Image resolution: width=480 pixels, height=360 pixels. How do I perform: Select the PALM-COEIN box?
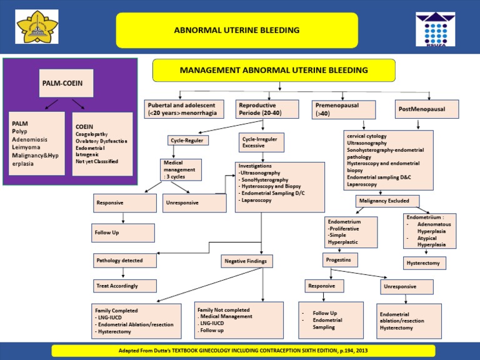(64, 82)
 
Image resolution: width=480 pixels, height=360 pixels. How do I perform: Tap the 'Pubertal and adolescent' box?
(186, 109)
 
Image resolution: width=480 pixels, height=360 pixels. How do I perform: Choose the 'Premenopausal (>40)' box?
(344, 109)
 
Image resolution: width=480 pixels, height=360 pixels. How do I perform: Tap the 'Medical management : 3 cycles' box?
(181, 170)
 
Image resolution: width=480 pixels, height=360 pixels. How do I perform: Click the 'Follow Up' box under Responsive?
(123, 232)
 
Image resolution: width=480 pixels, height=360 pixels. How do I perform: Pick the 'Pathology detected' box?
(123, 260)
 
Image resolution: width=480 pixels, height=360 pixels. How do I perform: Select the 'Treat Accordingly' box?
(123, 286)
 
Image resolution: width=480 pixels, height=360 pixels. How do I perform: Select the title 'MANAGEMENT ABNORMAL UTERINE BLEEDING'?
(274, 70)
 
